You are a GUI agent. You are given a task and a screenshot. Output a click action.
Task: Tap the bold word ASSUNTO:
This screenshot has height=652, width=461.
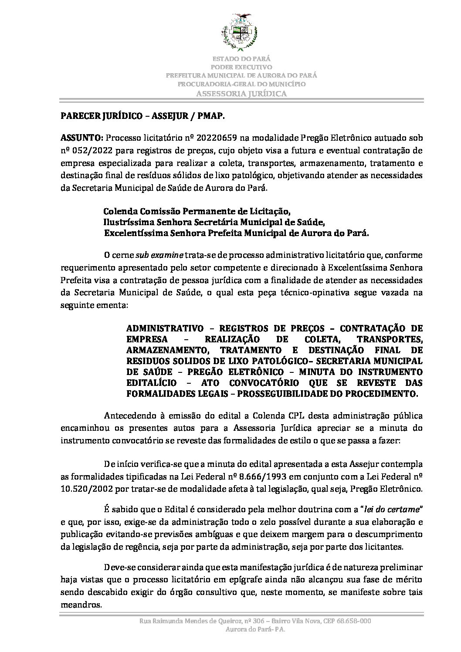pos(81,138)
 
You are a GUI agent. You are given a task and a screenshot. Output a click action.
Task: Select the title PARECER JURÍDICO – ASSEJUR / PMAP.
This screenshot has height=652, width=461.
pos(143,117)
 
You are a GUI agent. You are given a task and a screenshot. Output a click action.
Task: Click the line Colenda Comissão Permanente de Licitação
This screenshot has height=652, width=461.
pos(197,212)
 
